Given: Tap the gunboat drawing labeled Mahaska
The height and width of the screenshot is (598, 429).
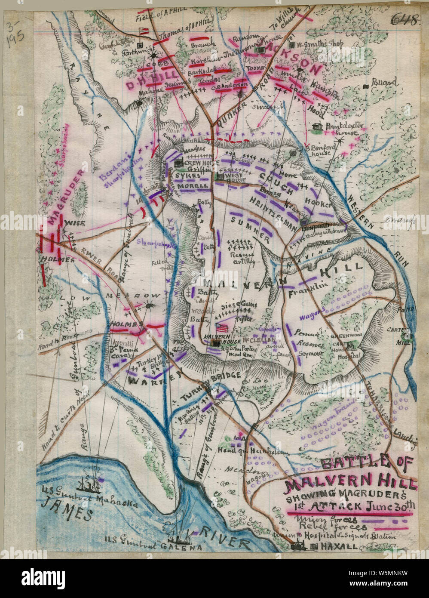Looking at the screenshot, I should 89,485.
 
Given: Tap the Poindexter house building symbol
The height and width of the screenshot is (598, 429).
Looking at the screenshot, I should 318,127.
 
